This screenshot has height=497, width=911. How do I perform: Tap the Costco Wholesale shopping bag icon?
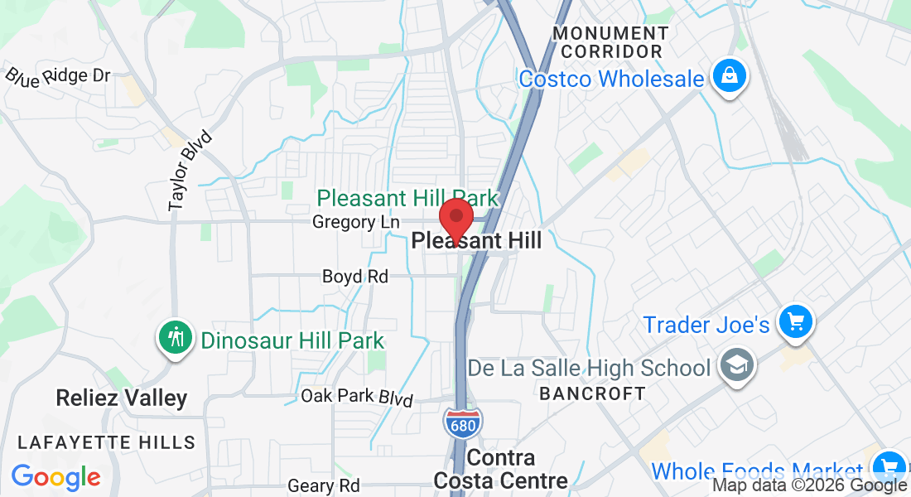(729, 78)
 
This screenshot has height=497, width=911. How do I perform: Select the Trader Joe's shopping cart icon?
(796, 322)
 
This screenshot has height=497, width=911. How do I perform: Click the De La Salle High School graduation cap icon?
(733, 368)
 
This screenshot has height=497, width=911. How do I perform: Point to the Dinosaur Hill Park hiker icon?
(176, 339)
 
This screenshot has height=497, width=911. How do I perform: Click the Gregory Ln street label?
(356, 222)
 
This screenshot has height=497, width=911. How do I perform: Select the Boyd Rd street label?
(355, 277)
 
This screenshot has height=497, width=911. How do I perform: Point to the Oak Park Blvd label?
(357, 397)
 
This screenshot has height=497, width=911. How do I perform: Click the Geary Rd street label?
(324, 485)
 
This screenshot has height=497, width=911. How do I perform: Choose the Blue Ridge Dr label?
(58, 75)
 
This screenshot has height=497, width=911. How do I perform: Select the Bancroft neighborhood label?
(592, 393)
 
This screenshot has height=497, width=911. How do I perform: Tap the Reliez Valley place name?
(122, 398)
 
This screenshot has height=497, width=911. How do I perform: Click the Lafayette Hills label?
(107, 443)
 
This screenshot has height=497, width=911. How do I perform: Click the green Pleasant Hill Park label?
(408, 199)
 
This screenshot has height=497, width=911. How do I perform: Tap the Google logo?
(55, 477)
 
